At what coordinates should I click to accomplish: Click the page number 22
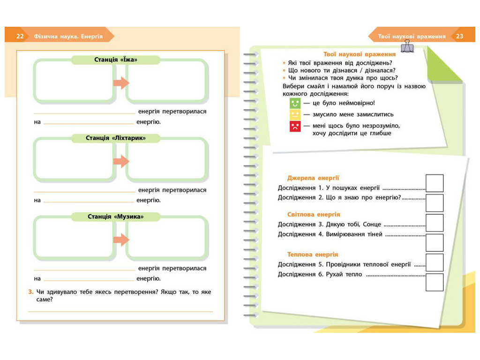(20, 36)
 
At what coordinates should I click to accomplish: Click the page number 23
(459, 36)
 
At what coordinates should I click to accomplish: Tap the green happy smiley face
(295, 103)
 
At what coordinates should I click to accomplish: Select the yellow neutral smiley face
(295, 114)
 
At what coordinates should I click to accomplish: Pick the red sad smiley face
(295, 126)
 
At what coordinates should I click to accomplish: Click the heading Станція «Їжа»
(116, 60)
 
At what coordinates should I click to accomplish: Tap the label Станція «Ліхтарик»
(116, 138)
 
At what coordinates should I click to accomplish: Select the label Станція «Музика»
(116, 217)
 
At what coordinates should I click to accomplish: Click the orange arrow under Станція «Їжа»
(121, 82)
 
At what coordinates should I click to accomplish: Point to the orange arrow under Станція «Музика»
(121, 240)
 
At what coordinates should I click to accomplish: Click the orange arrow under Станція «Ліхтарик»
(121, 161)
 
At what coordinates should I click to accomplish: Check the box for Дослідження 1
(435, 183)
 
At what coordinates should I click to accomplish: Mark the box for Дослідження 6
(435, 282)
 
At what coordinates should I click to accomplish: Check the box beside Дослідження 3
(435, 223)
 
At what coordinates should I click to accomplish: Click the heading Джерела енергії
(313, 178)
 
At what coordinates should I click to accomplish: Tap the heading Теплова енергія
(313, 255)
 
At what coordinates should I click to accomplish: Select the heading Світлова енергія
(314, 214)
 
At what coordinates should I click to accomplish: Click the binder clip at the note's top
(407, 46)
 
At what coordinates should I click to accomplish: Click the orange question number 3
(30, 292)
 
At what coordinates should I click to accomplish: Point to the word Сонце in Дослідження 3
(372, 225)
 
